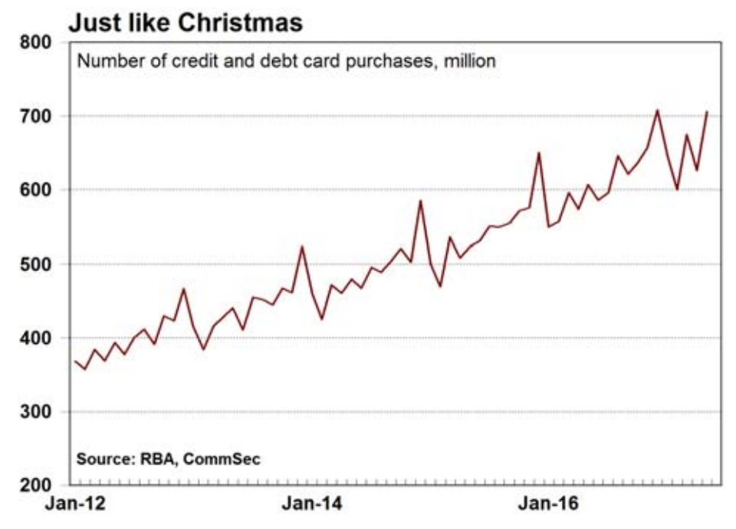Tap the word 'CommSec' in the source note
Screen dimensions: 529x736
coord(227,459)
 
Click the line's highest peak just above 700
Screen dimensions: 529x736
coord(657,110)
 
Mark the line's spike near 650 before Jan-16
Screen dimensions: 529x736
coord(538,152)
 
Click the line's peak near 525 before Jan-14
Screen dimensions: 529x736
coord(302,246)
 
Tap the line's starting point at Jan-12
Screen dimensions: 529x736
coord(75,361)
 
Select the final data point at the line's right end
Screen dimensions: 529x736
coord(707,112)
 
